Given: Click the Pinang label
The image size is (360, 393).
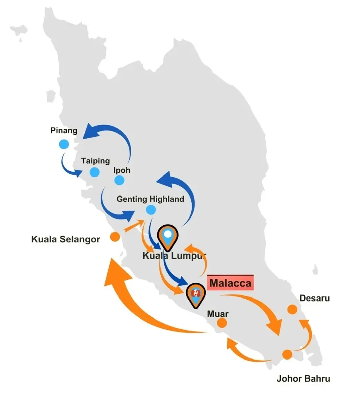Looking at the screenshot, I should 64,130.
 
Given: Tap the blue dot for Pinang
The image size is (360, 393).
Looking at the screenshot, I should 64,144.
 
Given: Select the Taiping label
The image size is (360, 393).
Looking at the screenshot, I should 95,161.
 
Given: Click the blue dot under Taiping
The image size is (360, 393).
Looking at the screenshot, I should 95,172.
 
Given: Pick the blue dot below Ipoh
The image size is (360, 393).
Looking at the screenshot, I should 119,180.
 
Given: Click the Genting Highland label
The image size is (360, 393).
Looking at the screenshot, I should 150,199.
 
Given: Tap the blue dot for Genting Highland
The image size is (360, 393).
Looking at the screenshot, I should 151,209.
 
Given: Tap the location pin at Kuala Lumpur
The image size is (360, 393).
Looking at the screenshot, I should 168,237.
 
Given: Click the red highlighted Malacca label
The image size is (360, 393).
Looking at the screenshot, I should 230,283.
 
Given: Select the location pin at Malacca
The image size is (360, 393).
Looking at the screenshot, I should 196,295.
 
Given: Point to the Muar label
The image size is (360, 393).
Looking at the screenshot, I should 218,314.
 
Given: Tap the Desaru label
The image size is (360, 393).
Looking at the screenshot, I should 315,298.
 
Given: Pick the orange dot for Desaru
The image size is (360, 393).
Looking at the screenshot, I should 292,309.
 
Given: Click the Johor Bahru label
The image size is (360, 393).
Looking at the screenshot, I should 304,378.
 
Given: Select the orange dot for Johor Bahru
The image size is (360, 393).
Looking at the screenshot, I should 287,354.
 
